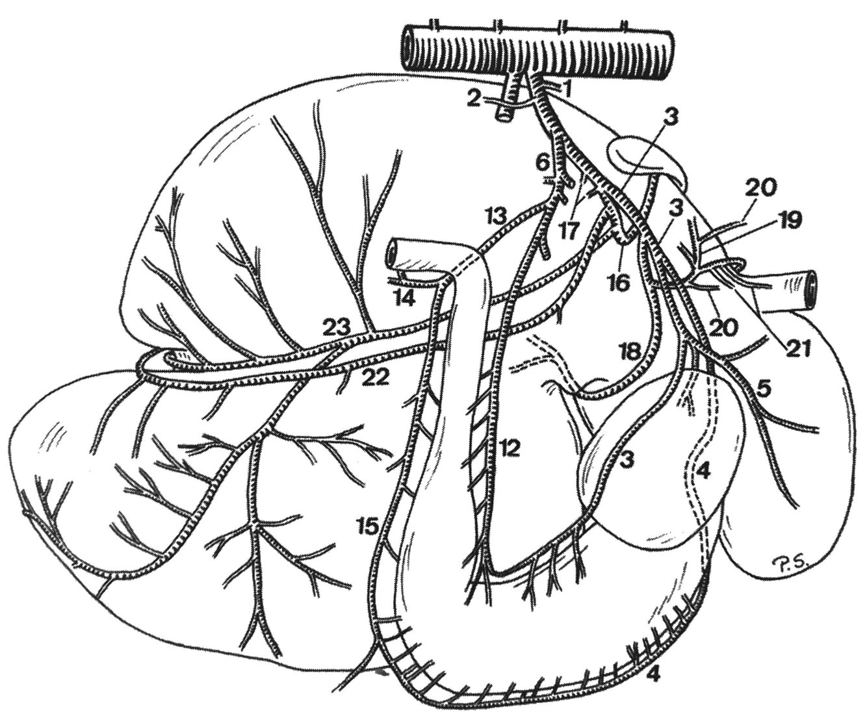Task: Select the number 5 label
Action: [x=764, y=388]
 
